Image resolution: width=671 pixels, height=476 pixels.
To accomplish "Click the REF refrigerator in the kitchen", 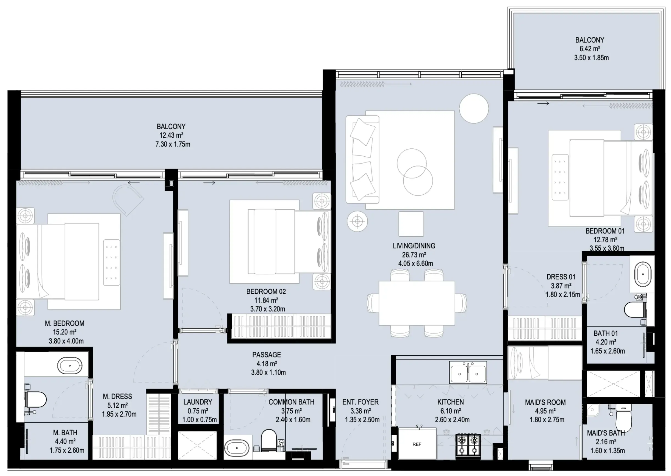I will click(417, 444).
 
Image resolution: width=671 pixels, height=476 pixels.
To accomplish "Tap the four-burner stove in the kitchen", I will click(468, 444).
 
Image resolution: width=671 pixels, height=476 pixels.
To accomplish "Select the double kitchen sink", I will click(468, 373).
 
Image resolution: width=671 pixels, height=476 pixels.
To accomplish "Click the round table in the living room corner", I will click(473, 109).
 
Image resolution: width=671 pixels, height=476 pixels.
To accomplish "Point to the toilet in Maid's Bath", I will click(623, 417).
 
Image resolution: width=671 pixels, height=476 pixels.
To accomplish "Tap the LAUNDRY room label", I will click(198, 402).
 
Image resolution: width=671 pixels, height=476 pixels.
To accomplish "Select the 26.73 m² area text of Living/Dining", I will click(414, 255).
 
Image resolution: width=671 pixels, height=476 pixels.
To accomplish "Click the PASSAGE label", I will click(266, 355).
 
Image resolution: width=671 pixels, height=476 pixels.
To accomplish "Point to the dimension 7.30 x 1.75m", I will click(173, 144).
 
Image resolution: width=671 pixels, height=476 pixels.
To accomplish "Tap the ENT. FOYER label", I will click(361, 402).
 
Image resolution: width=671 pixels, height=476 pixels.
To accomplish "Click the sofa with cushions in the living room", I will click(362, 160).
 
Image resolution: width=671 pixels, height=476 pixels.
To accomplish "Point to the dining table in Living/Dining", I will click(417, 303).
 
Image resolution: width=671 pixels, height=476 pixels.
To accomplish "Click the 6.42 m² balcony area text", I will click(590, 49).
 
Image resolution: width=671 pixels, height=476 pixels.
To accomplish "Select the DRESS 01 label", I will click(561, 277).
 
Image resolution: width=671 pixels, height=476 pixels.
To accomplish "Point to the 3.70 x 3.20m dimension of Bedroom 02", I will click(268, 309).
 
